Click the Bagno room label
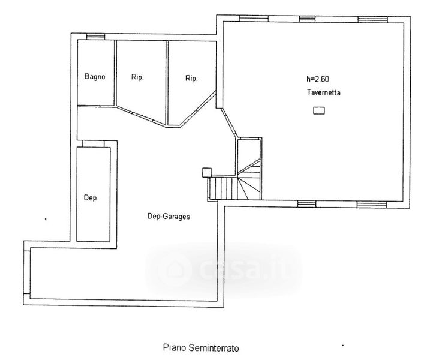(95, 77)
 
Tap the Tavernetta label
(324, 92)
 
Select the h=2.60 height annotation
(318, 79)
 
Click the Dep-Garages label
(169, 216)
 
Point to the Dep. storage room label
(91, 197)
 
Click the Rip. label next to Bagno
(137, 77)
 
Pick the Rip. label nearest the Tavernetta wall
(191, 79)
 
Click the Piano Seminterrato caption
(201, 348)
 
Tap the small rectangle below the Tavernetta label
(319, 110)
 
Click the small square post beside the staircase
(206, 172)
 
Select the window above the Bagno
(96, 37)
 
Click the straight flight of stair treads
(224, 188)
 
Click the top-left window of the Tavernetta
(254, 19)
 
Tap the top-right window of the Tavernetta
(373, 19)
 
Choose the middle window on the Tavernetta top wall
(308, 19)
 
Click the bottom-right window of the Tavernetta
(372, 204)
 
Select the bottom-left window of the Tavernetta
(307, 203)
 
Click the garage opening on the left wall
(27, 272)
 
